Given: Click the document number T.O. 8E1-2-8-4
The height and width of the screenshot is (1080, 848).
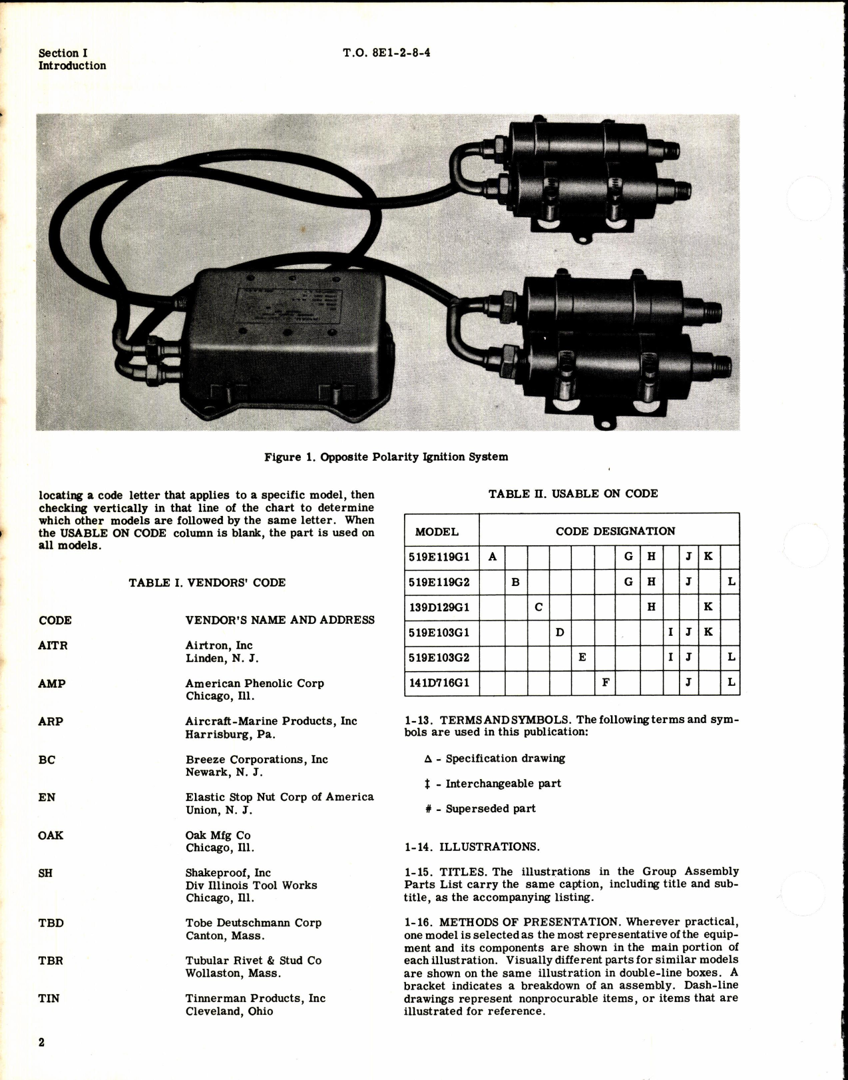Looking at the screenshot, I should click(x=386, y=53).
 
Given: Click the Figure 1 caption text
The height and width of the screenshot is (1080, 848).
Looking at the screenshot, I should click(x=386, y=457).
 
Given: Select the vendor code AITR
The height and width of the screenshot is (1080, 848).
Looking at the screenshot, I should click(x=53, y=645).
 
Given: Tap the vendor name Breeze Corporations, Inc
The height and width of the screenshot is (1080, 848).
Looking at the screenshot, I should click(x=256, y=759).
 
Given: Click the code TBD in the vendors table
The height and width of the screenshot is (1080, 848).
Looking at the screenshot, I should click(x=51, y=923).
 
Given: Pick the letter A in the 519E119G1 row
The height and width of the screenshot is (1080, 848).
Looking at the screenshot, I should click(x=492, y=557).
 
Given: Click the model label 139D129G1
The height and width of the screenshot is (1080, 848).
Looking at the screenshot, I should click(x=439, y=607).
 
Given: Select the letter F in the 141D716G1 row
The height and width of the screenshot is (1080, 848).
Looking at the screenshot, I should click(x=605, y=682).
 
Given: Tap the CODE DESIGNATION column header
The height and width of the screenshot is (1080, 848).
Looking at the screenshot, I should click(x=615, y=531).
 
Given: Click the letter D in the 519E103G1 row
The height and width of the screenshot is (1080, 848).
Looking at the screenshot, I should click(x=560, y=632).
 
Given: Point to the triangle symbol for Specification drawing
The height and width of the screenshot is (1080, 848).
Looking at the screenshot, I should click(x=428, y=758).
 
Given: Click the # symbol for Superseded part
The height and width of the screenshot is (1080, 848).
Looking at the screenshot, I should click(x=429, y=809).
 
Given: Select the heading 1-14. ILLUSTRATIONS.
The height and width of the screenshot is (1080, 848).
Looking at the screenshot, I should click(x=472, y=847).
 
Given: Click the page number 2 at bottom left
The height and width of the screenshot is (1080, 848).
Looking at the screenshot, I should click(x=41, y=1042).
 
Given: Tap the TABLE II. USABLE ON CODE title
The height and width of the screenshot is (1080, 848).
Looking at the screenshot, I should click(x=572, y=493).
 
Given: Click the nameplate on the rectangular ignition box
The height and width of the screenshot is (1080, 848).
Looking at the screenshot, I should click(x=289, y=308).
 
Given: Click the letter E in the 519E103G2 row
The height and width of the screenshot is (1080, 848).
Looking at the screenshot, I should click(x=582, y=657).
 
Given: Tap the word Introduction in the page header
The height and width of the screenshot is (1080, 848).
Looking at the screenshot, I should click(x=72, y=65).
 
